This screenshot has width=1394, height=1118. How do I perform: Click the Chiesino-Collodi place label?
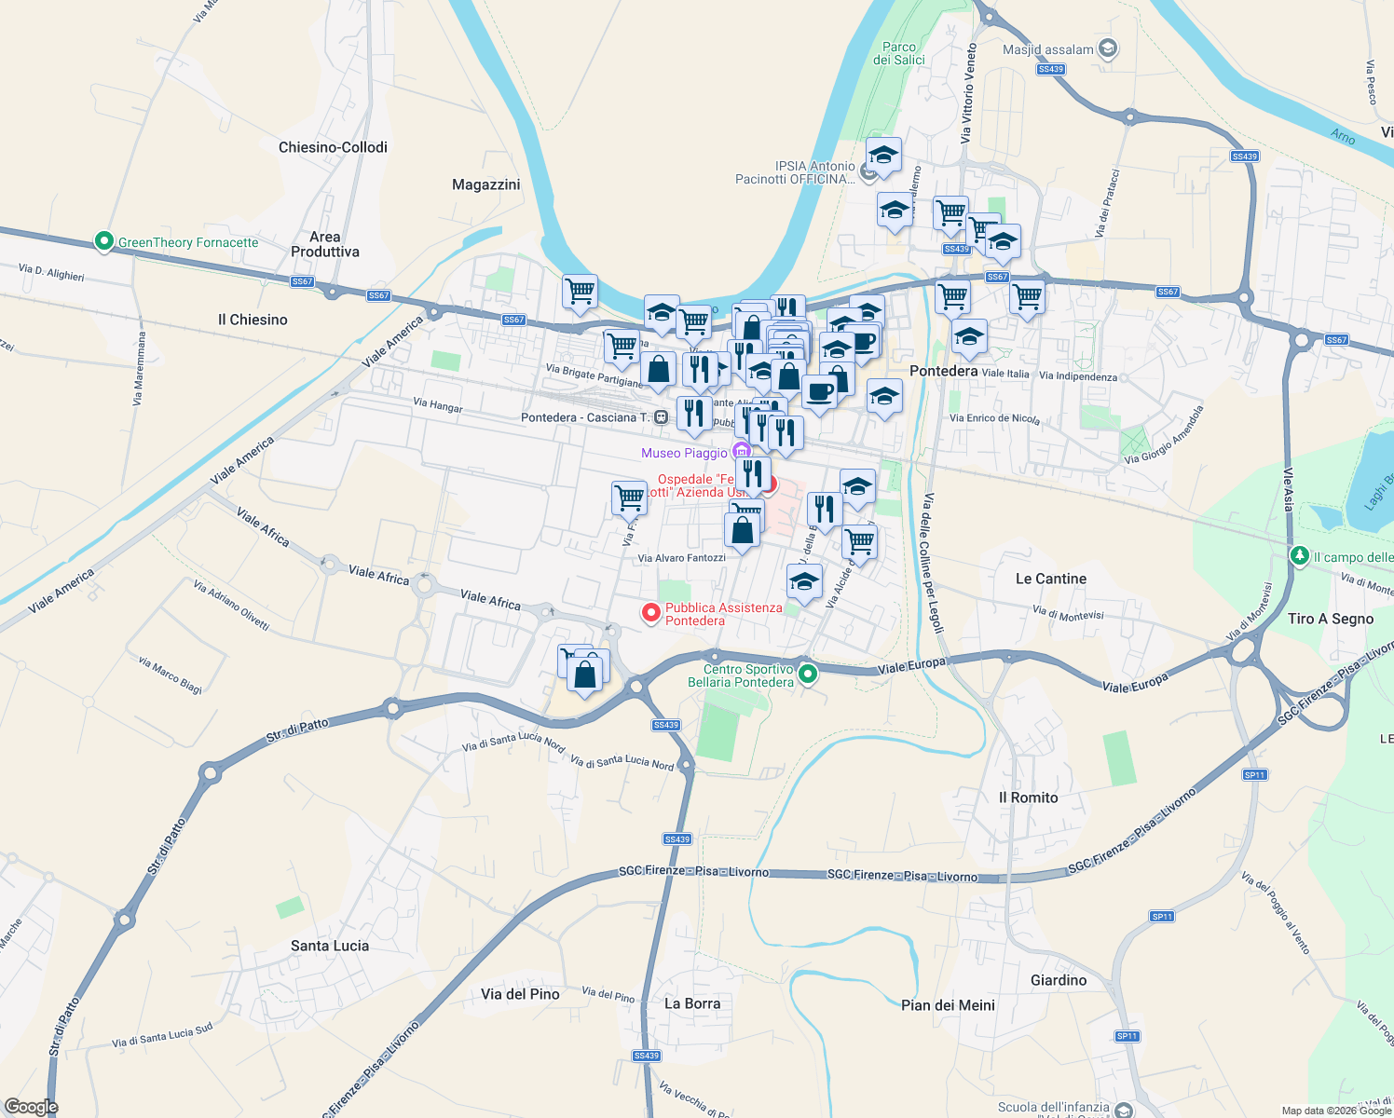pos(333,147)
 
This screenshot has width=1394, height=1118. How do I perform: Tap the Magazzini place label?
pos(485,184)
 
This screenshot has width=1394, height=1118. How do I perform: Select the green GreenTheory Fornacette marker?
pos(104,242)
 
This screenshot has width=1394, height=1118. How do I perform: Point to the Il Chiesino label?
pos(253,320)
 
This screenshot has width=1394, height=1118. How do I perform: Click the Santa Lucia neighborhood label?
pos(330,946)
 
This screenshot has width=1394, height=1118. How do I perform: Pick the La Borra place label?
pos(692,1003)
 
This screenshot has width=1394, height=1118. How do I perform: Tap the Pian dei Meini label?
pos(948,1005)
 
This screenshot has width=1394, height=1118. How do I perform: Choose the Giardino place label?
pos(1059,980)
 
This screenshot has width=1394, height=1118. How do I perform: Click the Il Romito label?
pos(1028,798)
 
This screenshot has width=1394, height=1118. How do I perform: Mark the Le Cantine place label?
pos(1051,579)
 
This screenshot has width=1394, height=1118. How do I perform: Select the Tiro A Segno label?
pos(1331,619)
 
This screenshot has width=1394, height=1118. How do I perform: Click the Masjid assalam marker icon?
pos(1108,48)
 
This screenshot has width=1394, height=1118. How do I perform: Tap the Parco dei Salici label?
pos(899,53)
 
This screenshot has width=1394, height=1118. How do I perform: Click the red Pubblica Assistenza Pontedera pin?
pos(651,613)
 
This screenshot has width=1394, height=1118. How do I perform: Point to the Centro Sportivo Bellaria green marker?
pos(808,674)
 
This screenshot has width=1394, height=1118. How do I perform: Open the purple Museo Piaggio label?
pos(685,453)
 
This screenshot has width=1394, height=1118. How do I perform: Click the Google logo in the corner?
pos(31,1107)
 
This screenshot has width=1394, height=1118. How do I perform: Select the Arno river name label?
pos(1343,137)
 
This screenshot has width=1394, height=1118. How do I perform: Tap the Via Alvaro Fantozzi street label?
pos(681,558)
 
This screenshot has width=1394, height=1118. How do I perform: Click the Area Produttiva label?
pos(324,244)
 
